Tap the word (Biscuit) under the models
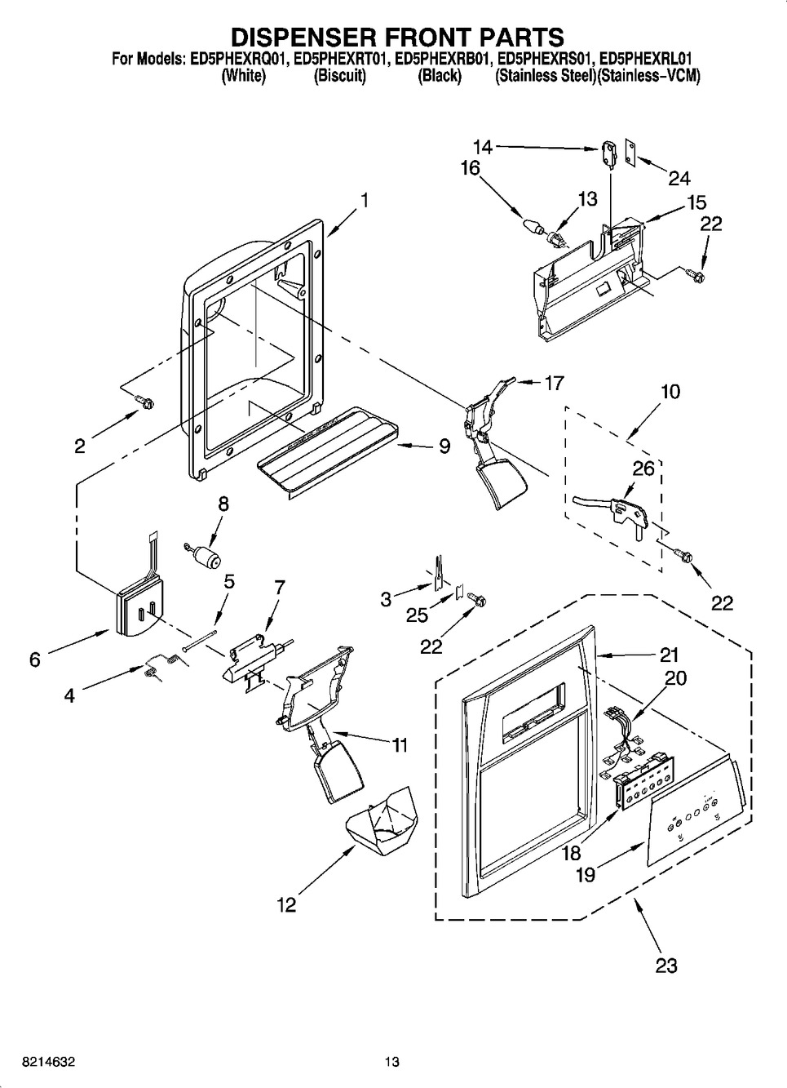pyautogui.click(x=340, y=76)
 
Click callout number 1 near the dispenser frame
pyautogui.click(x=364, y=199)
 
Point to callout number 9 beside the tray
pyautogui.click(x=444, y=446)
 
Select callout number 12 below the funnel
pyautogui.click(x=285, y=904)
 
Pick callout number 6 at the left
pyautogui.click(x=34, y=659)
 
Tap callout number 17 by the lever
pyautogui.click(x=554, y=382)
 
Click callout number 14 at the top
pyautogui.click(x=483, y=147)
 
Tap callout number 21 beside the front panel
pyautogui.click(x=669, y=655)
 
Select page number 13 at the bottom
pyautogui.click(x=393, y=1062)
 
